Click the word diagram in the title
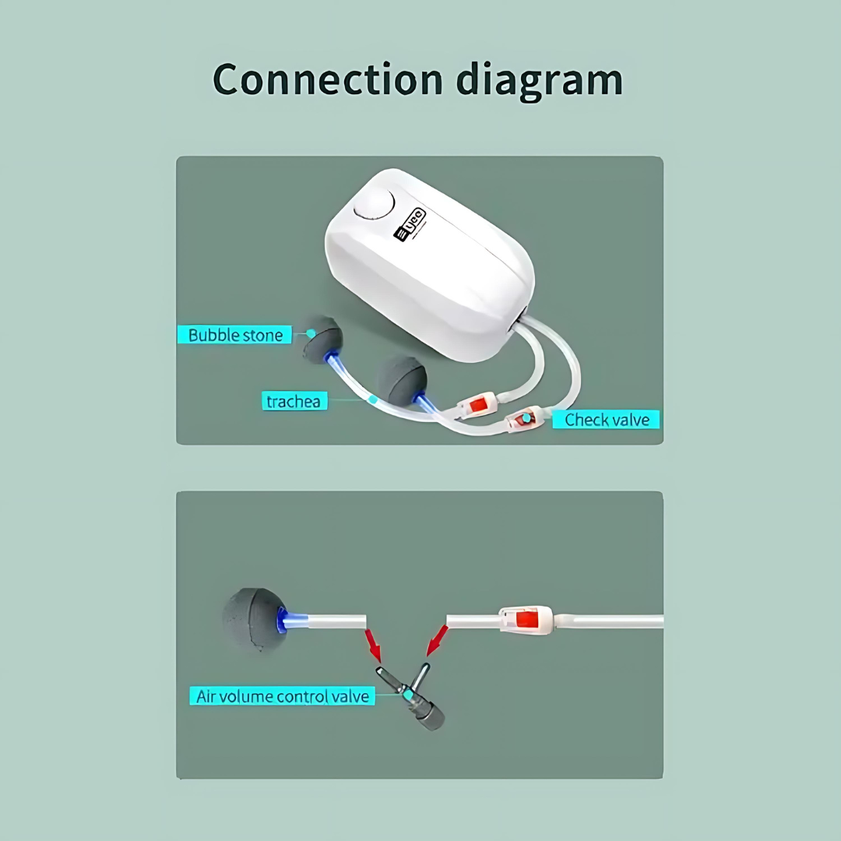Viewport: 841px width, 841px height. tap(540, 80)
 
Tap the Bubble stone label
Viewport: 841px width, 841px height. tap(235, 335)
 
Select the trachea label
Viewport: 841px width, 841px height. tap(294, 401)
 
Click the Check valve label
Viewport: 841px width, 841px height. tap(606, 420)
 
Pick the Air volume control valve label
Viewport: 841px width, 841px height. tap(283, 696)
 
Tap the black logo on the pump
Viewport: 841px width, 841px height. tap(410, 225)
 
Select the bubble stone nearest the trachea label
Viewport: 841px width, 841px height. tap(402, 379)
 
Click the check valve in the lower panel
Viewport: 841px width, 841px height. tap(526, 620)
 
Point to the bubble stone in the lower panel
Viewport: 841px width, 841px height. tap(255, 620)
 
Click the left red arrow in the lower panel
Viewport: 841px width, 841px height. tap(373, 646)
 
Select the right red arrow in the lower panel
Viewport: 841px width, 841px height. tap(437, 640)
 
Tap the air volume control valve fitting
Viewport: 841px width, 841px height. tap(412, 695)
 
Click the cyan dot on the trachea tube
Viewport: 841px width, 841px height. tap(373, 399)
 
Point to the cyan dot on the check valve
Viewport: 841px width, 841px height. tap(526, 418)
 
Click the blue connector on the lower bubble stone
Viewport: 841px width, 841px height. tap(292, 621)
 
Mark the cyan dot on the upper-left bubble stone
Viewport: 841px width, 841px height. tap(311, 333)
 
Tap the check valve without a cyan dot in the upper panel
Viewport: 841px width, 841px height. tap(477, 405)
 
